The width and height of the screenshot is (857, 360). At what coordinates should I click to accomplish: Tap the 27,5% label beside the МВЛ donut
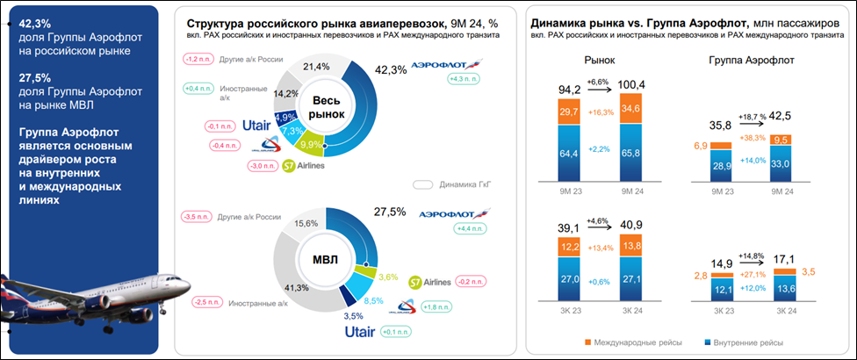[x=391, y=212]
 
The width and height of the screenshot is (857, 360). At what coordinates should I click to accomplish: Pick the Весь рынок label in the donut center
[x=324, y=109]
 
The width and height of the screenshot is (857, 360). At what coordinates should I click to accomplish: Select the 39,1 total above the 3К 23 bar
[x=570, y=227]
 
